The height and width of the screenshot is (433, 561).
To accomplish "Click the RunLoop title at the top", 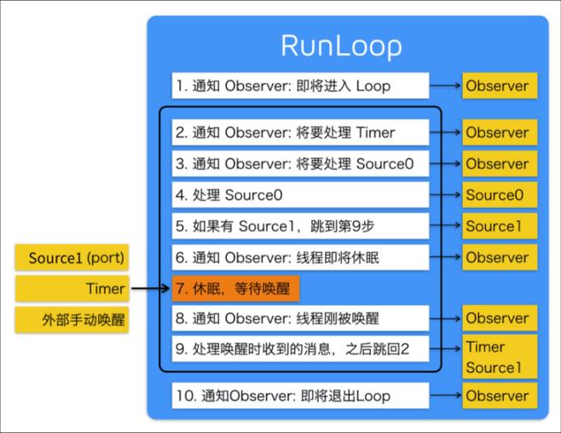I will coord(342,44).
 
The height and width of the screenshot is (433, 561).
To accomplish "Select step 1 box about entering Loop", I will coord(299,85).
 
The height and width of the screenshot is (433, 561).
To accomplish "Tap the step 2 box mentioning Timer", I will coord(299,132).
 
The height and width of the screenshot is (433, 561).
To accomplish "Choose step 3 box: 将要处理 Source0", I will coord(299,164).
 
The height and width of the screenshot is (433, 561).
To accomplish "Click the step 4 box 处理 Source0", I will coord(299,195).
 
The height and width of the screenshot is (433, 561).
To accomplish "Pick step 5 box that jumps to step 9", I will coord(299,226).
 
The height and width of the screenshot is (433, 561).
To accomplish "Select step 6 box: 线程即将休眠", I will coord(299,257).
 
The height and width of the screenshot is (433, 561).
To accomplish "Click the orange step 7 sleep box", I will coord(236,289).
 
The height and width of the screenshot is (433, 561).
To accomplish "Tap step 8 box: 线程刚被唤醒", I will coord(299,319).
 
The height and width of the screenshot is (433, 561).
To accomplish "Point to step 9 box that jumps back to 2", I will coord(299,349).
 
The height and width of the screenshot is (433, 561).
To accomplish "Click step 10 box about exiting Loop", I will coord(299,395).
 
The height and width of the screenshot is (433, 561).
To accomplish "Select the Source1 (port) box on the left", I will coord(72,257).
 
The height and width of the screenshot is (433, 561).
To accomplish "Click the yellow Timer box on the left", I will coord(72,289).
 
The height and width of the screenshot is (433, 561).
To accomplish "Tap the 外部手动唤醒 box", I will coord(72,320).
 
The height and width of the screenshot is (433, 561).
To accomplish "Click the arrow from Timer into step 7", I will coord(150,289).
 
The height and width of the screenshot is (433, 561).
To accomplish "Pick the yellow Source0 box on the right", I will coord(500,195).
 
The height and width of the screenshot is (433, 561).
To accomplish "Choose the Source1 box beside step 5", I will coord(500,226).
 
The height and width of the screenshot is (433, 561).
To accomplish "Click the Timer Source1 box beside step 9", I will coord(500,357).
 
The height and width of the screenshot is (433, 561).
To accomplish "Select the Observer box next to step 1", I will coord(500,85).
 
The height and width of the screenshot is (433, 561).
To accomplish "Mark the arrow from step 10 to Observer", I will coord(445,395).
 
